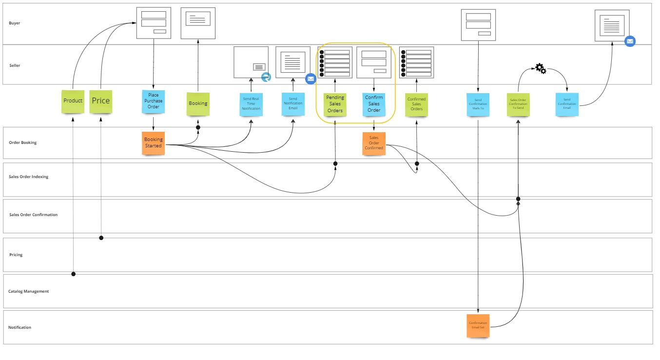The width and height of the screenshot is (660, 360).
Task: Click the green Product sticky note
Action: tap(73, 101)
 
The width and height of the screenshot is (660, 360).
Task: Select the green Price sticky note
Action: tap(101, 101)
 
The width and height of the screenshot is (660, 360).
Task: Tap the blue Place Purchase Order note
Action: tap(154, 101)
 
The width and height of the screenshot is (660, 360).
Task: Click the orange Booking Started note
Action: tap(154, 143)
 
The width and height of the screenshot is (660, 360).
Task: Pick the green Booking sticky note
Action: tap(198, 104)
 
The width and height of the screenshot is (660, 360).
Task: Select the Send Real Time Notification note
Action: tap(251, 104)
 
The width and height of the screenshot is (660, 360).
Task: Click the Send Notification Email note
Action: tap(293, 104)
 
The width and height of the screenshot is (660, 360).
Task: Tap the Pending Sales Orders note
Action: tap(335, 104)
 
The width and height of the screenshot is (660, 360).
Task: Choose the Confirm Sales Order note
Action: tap(374, 104)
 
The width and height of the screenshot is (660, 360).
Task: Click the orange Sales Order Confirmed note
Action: tap(374, 143)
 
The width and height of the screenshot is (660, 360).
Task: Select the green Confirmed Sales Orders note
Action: tap(416, 104)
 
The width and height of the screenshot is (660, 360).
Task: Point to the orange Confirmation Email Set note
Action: tap(478, 326)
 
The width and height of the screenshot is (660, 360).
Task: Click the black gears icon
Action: tap(541, 69)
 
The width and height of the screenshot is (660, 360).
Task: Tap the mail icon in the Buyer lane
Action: tap(630, 41)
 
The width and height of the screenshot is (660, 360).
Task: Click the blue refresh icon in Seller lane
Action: tap(266, 77)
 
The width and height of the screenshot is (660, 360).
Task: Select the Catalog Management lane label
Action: tap(28, 291)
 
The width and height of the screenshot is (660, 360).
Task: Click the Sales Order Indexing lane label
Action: tap(28, 177)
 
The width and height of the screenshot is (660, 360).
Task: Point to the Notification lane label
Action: tap(19, 327)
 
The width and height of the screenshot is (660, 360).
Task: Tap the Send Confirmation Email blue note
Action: tap(567, 104)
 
